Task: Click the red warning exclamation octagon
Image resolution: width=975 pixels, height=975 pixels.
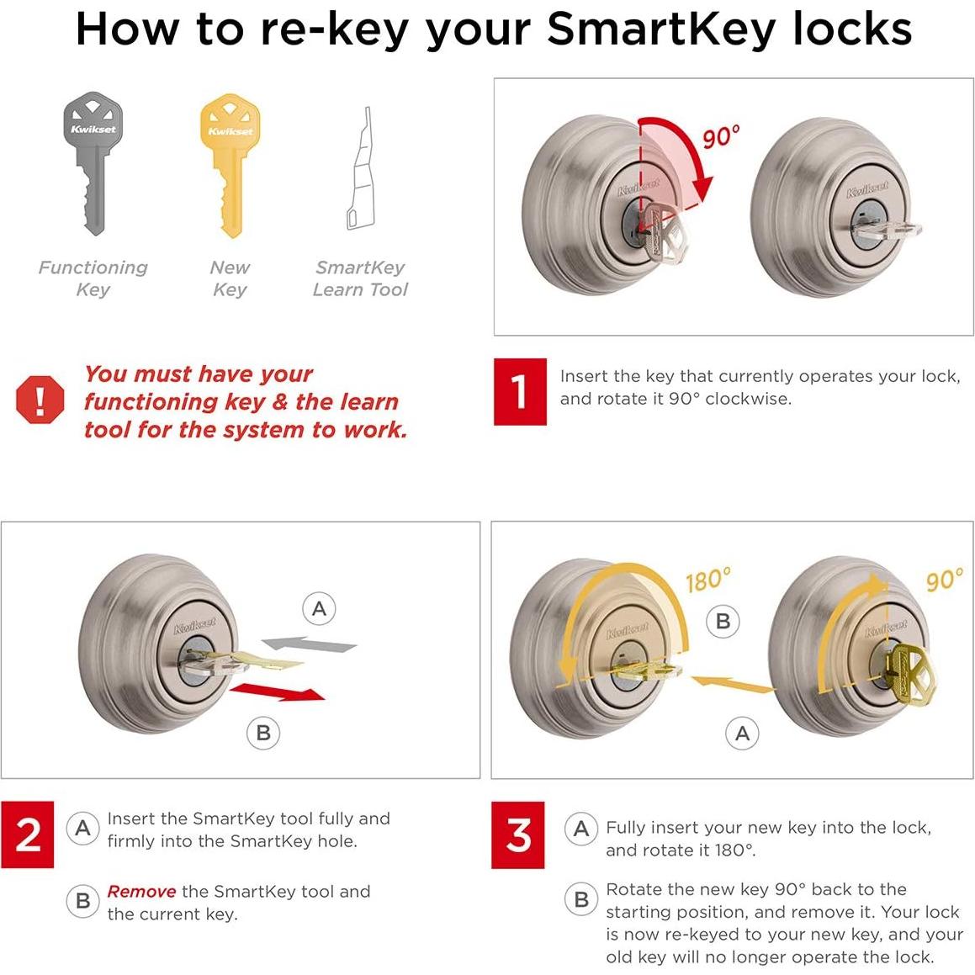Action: tap(40, 400)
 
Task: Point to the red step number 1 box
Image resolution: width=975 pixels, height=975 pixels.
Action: tap(519, 391)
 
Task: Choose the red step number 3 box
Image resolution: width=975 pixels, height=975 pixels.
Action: tap(518, 835)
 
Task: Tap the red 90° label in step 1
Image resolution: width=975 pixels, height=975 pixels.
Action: tap(721, 136)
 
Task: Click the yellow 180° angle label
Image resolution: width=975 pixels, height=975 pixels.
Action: tap(707, 580)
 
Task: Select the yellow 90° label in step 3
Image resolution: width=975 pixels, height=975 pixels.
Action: tap(944, 580)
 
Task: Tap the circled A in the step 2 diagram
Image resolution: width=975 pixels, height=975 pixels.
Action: tap(319, 608)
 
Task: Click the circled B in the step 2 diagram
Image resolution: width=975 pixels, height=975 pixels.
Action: tap(263, 733)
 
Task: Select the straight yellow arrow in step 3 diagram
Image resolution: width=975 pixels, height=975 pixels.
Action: tap(732, 683)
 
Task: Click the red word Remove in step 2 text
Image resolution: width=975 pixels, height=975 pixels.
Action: tap(141, 892)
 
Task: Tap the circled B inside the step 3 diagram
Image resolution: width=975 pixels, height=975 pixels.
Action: tap(723, 622)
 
